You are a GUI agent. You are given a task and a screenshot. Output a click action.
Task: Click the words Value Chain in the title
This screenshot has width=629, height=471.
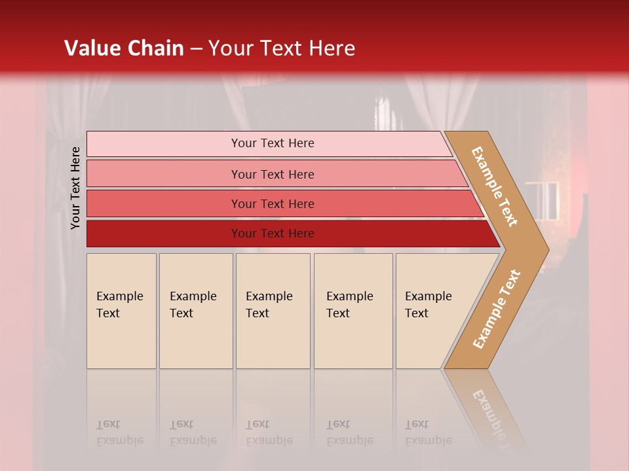pyautogui.click(x=124, y=48)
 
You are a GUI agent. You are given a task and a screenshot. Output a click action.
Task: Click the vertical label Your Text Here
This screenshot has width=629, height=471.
pyautogui.click(x=75, y=188)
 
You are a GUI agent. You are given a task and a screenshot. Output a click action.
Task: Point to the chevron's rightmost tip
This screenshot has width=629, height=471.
pyautogui.click(x=547, y=249)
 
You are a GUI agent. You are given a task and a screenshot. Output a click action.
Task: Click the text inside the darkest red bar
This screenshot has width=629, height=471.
pyautogui.click(x=273, y=234)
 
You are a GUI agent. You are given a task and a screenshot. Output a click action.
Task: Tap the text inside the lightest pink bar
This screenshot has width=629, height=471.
pyautogui.click(x=273, y=143)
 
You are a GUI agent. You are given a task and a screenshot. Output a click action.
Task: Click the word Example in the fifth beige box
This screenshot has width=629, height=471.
pyautogui.click(x=428, y=296)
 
